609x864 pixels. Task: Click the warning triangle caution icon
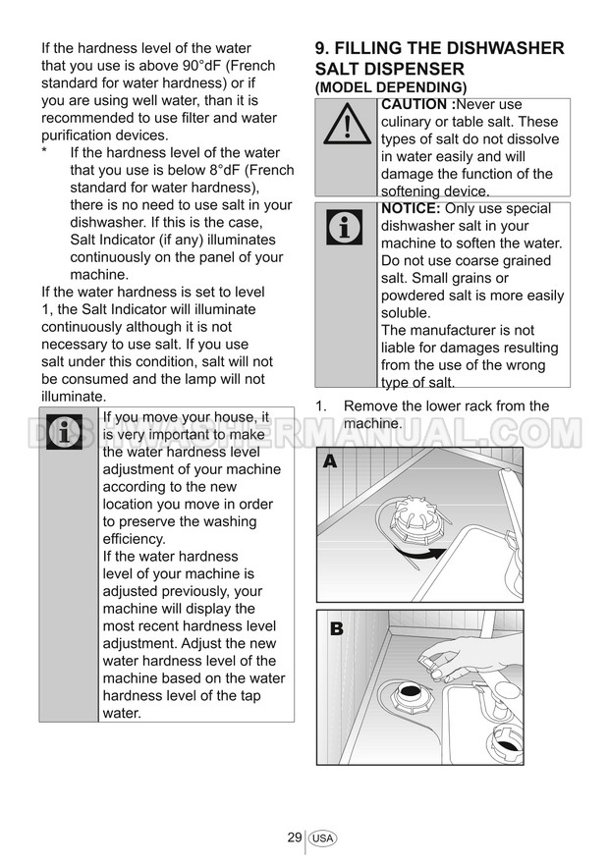(x=345, y=127)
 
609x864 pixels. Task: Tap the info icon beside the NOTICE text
(x=345, y=228)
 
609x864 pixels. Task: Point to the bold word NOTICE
(x=411, y=209)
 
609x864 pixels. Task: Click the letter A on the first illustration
(x=329, y=462)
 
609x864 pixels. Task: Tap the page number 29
(x=294, y=837)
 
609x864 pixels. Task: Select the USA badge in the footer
(x=322, y=838)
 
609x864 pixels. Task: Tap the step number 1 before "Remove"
(x=320, y=406)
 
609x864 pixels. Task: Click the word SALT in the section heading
(x=341, y=70)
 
